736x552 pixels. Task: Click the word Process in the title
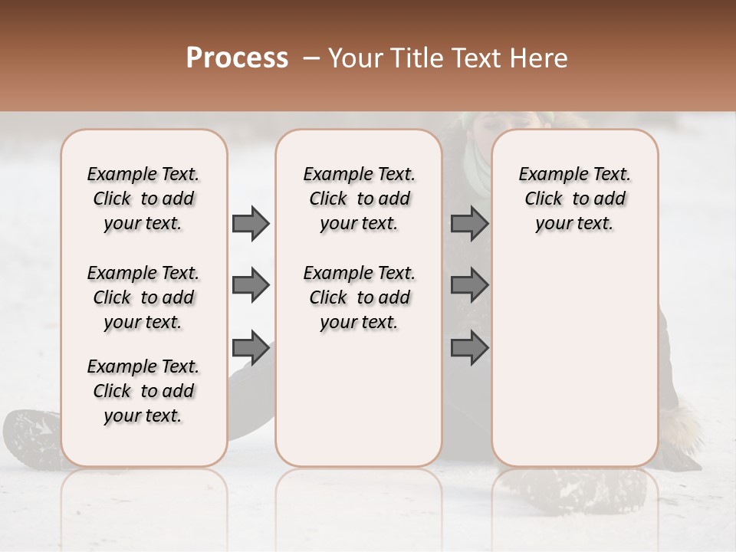237,58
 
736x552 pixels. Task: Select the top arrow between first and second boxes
251,224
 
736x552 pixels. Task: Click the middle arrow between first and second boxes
251,286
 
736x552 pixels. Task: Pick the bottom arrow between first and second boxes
251,349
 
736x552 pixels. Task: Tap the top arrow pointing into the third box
469,224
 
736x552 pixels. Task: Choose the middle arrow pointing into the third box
469,286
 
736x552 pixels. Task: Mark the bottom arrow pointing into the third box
469,349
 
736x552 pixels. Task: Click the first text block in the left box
143,199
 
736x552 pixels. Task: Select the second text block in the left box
143,297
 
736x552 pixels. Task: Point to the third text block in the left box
143,391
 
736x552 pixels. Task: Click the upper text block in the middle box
359,199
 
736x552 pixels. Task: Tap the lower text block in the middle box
359,297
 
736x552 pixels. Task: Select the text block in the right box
575,199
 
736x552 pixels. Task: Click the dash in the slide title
310,58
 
